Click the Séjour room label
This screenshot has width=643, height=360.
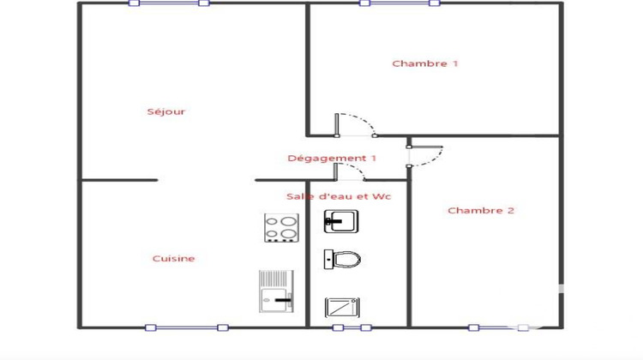pyautogui.click(x=165, y=111)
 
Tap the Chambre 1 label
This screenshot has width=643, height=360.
pyautogui.click(x=425, y=63)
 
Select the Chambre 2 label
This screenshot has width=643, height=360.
pyautogui.click(x=481, y=211)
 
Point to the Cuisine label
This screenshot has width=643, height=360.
pyautogui.click(x=173, y=258)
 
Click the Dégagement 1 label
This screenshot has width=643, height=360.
pyautogui.click(x=332, y=158)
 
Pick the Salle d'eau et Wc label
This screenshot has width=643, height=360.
pyautogui.click(x=338, y=196)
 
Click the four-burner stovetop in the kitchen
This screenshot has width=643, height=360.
pyautogui.click(x=280, y=226)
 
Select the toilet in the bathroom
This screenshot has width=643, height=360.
pyautogui.click(x=342, y=258)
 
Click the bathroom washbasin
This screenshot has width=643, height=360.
pyautogui.click(x=341, y=221)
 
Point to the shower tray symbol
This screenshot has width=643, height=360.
pyautogui.click(x=341, y=307)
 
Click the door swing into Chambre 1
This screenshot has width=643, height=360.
pyautogui.click(x=356, y=125)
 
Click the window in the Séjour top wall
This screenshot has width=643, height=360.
pyautogui.click(x=168, y=3)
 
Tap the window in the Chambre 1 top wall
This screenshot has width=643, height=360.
pyautogui.click(x=400, y=3)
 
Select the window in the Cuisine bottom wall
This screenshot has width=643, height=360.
pyautogui.click(x=186, y=327)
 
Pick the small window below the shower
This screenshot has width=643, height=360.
pyautogui.click(x=352, y=327)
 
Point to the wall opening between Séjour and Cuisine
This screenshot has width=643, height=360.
pyautogui.click(x=206, y=180)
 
